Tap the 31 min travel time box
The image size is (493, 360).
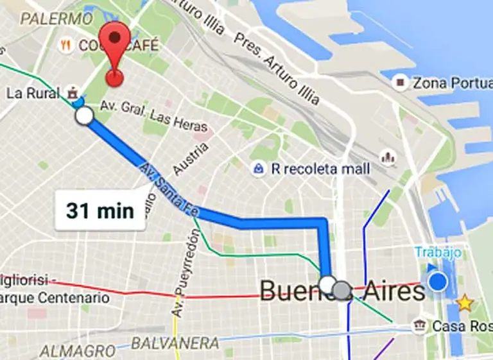tap(99, 210)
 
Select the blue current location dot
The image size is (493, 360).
tap(438, 281)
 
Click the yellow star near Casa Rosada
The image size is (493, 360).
tap(463, 303)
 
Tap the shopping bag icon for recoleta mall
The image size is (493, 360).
tap(258, 168)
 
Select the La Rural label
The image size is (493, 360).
tap(33, 93)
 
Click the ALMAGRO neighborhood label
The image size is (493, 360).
tap(77, 351)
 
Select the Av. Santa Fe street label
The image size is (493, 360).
tap(172, 189)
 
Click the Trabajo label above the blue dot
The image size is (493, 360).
tap(438, 253)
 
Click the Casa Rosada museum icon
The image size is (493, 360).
tap(420, 325)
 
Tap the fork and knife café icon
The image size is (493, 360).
tap(65, 46)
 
